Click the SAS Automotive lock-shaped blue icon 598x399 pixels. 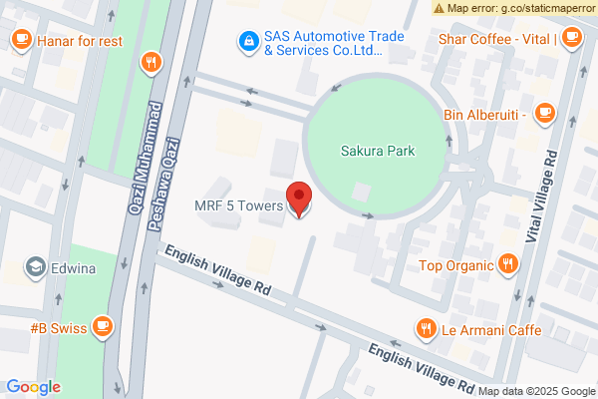(246, 42)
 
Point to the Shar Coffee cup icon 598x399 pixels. (571, 39)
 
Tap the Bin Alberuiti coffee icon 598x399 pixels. (544, 113)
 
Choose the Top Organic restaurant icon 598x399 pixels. (508, 264)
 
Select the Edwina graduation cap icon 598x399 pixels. (37, 267)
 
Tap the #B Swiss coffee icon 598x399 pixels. (102, 326)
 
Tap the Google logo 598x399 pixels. (34, 387)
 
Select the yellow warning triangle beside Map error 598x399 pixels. (440, 8)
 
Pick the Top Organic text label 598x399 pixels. (456, 264)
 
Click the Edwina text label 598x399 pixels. (81, 267)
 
